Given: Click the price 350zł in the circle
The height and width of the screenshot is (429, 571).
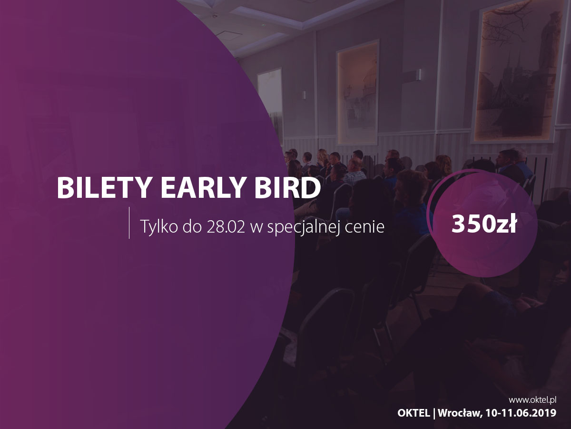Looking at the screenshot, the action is point(484,224).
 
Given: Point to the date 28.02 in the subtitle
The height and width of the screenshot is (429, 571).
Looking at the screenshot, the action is point(226,227).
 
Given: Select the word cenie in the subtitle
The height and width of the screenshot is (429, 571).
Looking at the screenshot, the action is point(364,227).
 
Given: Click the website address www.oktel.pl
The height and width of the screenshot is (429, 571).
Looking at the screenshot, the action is point(532,400).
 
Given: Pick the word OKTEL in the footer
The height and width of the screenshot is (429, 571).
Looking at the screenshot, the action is point(413,413).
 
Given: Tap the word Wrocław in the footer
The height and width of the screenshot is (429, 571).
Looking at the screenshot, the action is point(459,413).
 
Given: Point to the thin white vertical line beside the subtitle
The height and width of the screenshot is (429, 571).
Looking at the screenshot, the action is point(129,223).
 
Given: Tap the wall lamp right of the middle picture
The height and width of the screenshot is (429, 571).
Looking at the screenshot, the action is point(418,74).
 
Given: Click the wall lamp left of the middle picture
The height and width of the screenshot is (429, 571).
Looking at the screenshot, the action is point(305,94).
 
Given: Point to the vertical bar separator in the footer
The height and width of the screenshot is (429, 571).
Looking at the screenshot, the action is point(434,413).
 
